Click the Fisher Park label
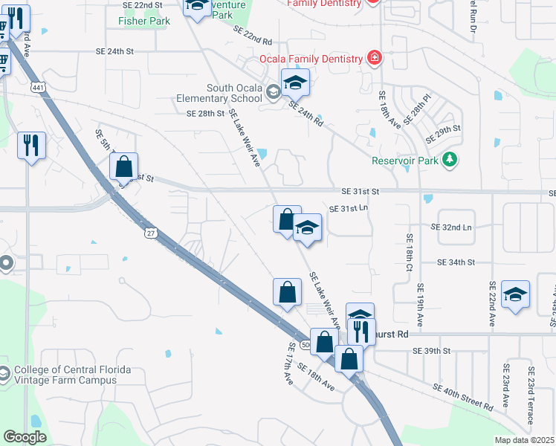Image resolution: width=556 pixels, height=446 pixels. coord(144,21)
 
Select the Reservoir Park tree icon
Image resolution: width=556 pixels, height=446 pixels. coord(449,160)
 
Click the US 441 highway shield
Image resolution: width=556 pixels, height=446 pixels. coord(37,88)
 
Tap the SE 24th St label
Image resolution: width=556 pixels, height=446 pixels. coord(114,51)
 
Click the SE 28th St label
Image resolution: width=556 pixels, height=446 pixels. coord(206,113)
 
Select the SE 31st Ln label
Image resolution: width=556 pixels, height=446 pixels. coord(349,209)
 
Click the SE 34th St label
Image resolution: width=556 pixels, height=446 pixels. coord(456,262)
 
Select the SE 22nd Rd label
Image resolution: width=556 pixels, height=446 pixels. coord(253,35)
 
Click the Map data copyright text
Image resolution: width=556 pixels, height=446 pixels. coord(525,440)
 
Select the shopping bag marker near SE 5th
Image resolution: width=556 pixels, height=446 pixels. coord(124,167)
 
